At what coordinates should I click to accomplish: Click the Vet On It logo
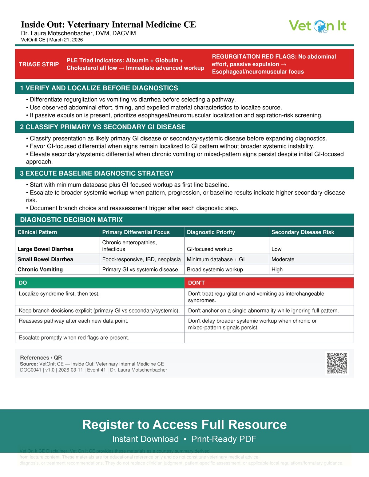coord(317,26)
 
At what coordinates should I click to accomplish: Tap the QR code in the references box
coord(337,363)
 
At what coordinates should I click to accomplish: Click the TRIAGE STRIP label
coord(39,64)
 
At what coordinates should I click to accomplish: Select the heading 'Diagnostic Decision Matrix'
coord(71,220)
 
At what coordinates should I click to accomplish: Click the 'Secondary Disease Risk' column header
coord(303,232)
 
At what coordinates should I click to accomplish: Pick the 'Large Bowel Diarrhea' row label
coord(46,249)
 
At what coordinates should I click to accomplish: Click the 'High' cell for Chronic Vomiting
coord(277,270)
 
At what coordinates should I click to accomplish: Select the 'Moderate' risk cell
coord(283,259)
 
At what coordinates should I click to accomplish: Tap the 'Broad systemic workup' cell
coord(215,270)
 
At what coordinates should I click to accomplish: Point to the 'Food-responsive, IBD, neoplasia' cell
coord(141,259)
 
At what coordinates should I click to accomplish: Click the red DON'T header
coord(196,283)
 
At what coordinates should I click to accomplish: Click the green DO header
coord(23,283)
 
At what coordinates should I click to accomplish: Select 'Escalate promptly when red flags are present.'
coord(74,338)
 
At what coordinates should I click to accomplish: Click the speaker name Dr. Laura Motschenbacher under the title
coord(78,33)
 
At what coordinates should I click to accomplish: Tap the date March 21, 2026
coord(66,40)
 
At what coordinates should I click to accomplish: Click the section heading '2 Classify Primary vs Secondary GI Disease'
coord(103,127)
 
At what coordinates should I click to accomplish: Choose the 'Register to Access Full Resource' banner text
coord(184,425)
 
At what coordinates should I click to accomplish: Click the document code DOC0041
coord(30,370)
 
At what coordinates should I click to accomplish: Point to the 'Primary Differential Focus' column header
coord(136,232)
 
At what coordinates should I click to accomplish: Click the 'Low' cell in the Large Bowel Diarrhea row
coord(276,249)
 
